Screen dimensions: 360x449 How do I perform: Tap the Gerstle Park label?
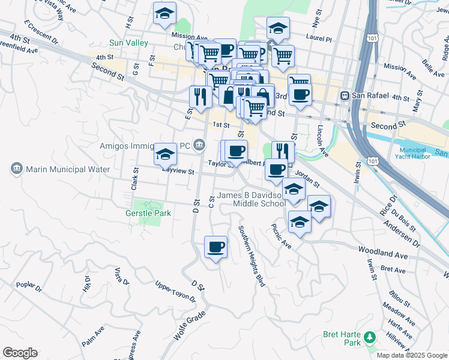tap(148, 213)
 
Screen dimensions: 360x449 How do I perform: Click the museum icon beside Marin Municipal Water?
tap(16, 169)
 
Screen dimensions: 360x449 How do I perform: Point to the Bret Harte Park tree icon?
tap(370, 338)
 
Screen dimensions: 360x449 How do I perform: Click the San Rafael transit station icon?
tap(345, 96)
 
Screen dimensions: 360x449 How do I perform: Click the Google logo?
tap(20, 353)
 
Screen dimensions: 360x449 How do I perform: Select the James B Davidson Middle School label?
tap(252, 199)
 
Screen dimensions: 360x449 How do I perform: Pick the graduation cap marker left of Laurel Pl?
tap(278, 28)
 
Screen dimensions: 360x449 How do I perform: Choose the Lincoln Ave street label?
tap(322, 141)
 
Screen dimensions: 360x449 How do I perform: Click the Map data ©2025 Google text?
tap(412, 355)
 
